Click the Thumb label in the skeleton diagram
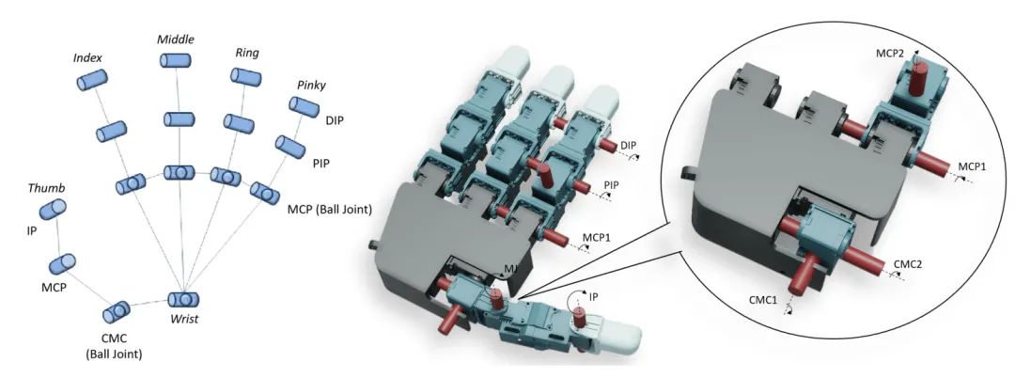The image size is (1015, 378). [x=47, y=187]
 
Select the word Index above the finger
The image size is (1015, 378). [x=87, y=58]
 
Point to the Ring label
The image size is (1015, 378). [x=246, y=52]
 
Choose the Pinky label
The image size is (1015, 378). [x=311, y=86]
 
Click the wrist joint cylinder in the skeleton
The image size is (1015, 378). [x=183, y=300]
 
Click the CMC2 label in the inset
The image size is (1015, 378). [x=908, y=264]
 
